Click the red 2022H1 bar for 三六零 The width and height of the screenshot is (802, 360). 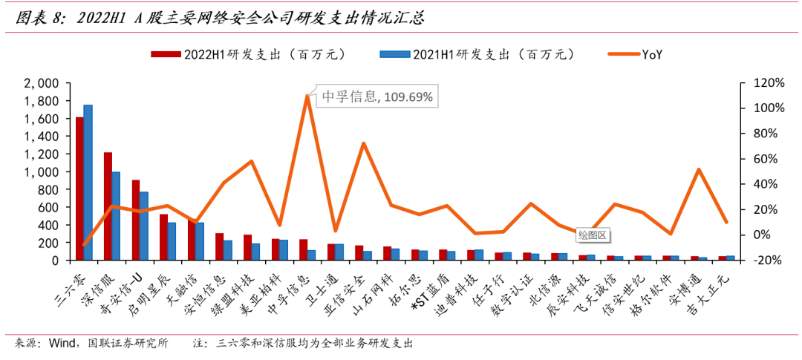(x=79, y=189)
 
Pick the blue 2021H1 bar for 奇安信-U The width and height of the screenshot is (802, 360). (x=144, y=226)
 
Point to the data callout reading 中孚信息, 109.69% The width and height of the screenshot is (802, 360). (x=376, y=96)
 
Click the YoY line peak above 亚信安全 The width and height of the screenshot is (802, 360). (x=363, y=143)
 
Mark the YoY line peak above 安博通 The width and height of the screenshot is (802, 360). (x=699, y=169)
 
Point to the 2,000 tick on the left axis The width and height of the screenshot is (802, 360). (x=42, y=83)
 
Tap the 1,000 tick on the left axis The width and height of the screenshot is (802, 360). (x=42, y=171)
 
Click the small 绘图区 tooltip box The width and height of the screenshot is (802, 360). (x=592, y=235)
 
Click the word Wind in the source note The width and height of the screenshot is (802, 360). (x=63, y=344)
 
